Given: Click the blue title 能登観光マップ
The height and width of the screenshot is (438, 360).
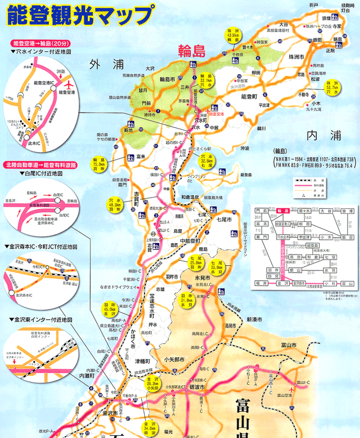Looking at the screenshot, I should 79,16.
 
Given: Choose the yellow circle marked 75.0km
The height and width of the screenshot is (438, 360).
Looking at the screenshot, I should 100,167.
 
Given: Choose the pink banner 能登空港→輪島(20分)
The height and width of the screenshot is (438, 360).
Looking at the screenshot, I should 40,43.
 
